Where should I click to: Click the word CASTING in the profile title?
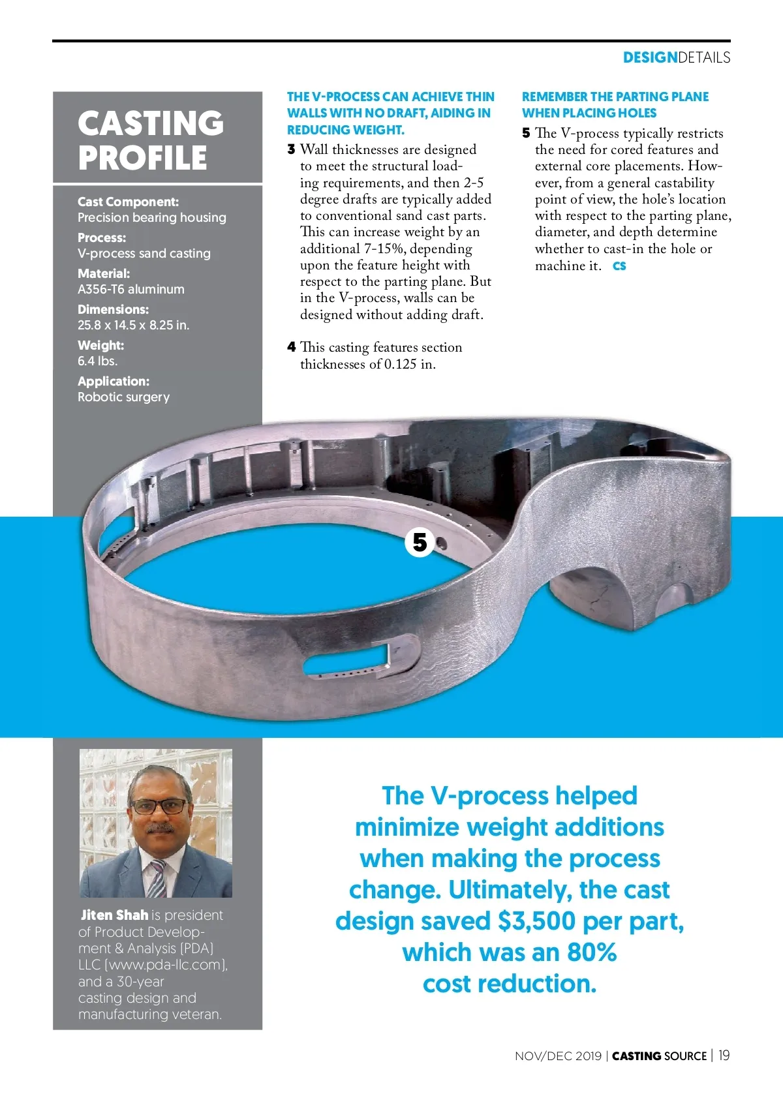(x=151, y=123)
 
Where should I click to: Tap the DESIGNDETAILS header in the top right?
(x=676, y=57)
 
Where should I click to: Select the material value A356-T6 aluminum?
(x=131, y=289)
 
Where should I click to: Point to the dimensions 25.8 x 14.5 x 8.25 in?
(x=134, y=325)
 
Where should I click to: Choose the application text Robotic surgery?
(x=124, y=397)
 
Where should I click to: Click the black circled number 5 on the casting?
(x=420, y=542)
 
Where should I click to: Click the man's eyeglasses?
(x=159, y=806)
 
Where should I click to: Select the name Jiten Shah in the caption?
(x=114, y=915)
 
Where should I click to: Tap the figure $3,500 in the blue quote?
(x=536, y=921)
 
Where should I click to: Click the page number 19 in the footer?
(x=724, y=1056)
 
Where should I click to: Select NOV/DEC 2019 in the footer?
(x=558, y=1056)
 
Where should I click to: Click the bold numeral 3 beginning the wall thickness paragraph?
(x=291, y=149)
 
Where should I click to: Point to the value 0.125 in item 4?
(x=400, y=364)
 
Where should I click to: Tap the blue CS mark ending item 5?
(x=619, y=266)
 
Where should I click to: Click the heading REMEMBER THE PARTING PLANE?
(x=615, y=97)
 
